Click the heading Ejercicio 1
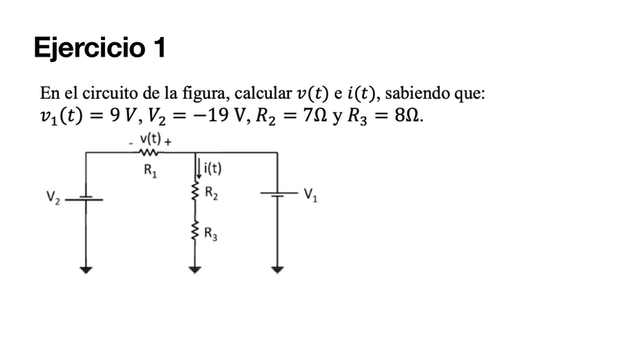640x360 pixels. (100, 48)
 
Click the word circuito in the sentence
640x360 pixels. (113, 94)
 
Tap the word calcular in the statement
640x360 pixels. (263, 94)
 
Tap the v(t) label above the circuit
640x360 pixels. (151, 140)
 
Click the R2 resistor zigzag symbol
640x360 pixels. (197, 192)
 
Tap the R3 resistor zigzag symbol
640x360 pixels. (197, 230)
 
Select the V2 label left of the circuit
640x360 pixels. (52, 198)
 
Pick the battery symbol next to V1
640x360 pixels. (278, 194)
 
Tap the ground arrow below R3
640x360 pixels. (197, 268)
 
